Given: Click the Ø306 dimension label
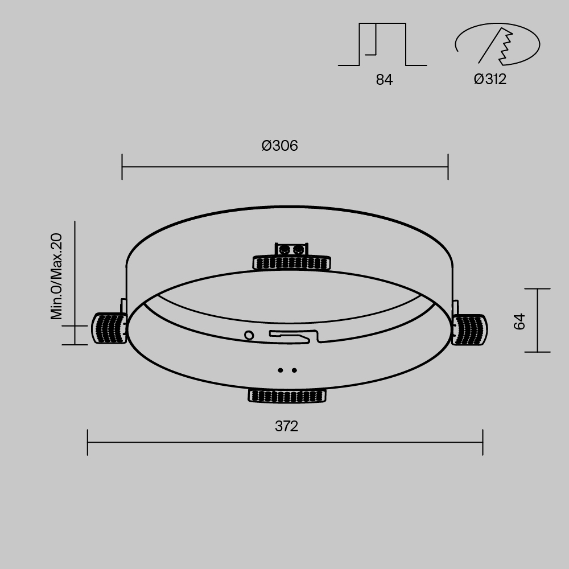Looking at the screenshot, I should [279, 146].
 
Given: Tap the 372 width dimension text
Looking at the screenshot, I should [286, 426].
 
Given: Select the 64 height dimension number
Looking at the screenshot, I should [519, 321].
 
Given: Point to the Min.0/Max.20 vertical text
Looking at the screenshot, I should [56, 277].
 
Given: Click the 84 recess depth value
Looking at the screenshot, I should [384, 80].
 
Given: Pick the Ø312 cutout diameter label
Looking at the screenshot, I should [490, 80].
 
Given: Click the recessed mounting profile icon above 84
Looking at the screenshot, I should [382, 45].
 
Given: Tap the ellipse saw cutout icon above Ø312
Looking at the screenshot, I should [497, 44].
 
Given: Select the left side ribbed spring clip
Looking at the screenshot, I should [109, 328].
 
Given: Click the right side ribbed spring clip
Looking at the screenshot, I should [470, 329].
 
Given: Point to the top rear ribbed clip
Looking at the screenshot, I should [292, 262].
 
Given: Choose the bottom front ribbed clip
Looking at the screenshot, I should [287, 395].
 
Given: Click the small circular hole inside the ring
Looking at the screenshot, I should [249, 335].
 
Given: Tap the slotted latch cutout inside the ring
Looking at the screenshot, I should [294, 336].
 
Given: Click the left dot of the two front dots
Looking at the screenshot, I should [281, 370].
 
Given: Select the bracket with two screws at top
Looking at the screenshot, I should [291, 249].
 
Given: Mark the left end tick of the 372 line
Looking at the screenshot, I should [88, 442].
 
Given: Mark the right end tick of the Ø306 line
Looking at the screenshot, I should [448, 167].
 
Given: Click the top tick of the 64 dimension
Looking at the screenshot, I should [537, 289].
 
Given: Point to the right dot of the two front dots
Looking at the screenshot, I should [294, 370].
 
